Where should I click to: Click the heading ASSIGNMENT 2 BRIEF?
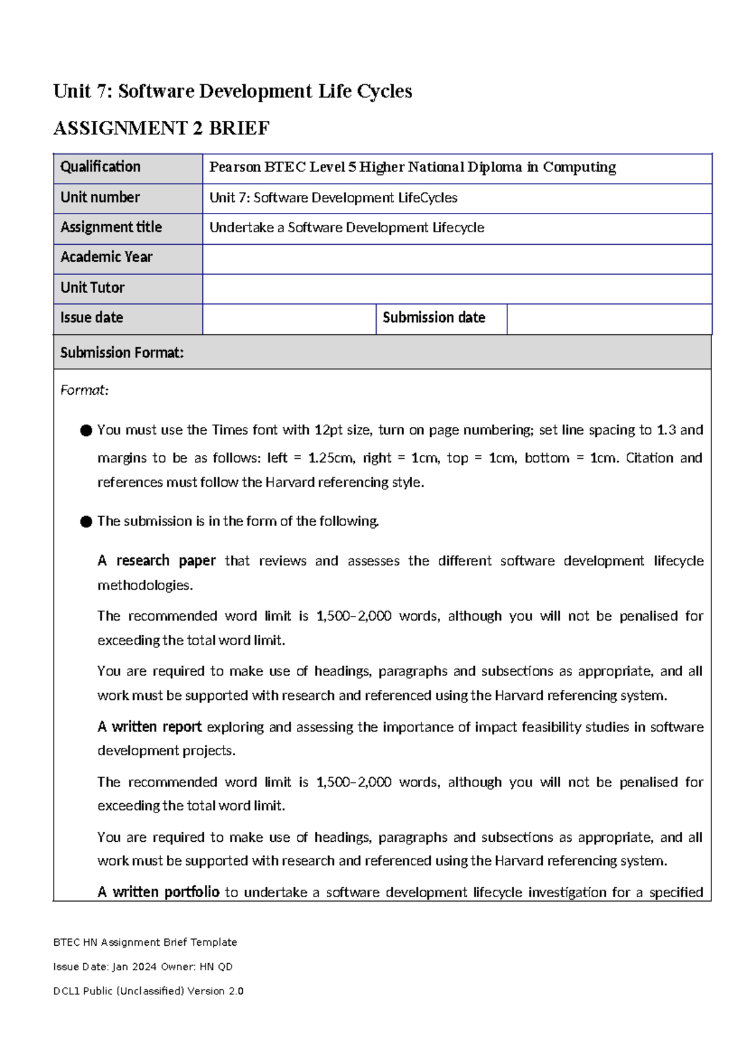tap(161, 128)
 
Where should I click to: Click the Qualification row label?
tap(100, 167)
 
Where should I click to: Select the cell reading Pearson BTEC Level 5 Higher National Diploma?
tap(412, 167)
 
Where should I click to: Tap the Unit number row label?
tap(100, 197)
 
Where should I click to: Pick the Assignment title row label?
tap(111, 227)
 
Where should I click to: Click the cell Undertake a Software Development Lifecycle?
tap(347, 228)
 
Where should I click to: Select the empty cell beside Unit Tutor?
tap(456, 288)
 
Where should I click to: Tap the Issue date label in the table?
tap(92, 318)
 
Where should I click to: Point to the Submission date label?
tap(434, 318)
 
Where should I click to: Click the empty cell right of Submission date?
tap(608, 318)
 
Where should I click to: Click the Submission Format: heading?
tap(122, 353)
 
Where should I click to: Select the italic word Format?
tap(84, 390)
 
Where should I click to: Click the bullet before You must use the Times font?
tap(86, 430)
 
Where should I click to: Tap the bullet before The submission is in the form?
tap(86, 522)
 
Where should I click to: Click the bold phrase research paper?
tap(166, 560)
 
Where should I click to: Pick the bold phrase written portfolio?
tap(166, 892)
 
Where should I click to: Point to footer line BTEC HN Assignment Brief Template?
tap(145, 942)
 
